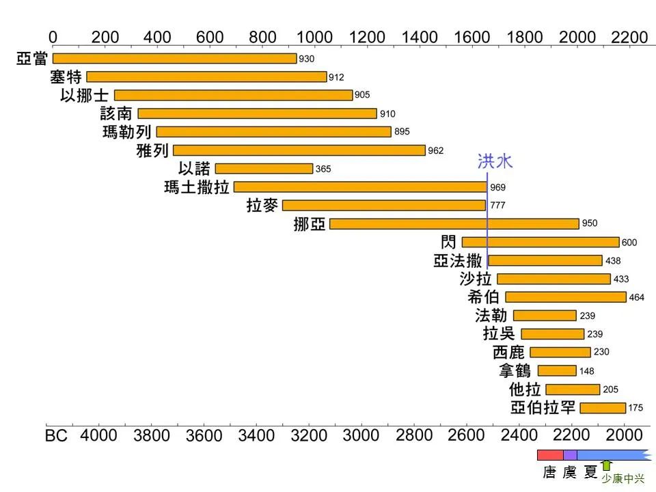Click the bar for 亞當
tap(174, 59)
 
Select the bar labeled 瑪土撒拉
tap(360, 187)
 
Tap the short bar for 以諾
tap(264, 168)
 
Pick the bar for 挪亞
tap(454, 223)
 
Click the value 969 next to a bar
tap(497, 187)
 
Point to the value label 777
tap(497, 206)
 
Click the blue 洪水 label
tap(495, 161)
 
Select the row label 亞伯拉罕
tap(543, 408)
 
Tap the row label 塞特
tap(66, 77)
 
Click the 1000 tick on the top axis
tap(315, 37)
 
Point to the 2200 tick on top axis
tap(629, 37)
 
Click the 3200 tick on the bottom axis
tap(308, 435)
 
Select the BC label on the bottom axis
tap(57, 435)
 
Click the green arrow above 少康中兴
tap(606, 465)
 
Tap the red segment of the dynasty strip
tap(550, 455)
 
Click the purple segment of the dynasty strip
tap(570, 455)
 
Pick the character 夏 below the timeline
tap(590, 472)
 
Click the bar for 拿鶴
tap(557, 370)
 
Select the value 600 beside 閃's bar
tap(629, 243)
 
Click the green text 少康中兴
tap(623, 479)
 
